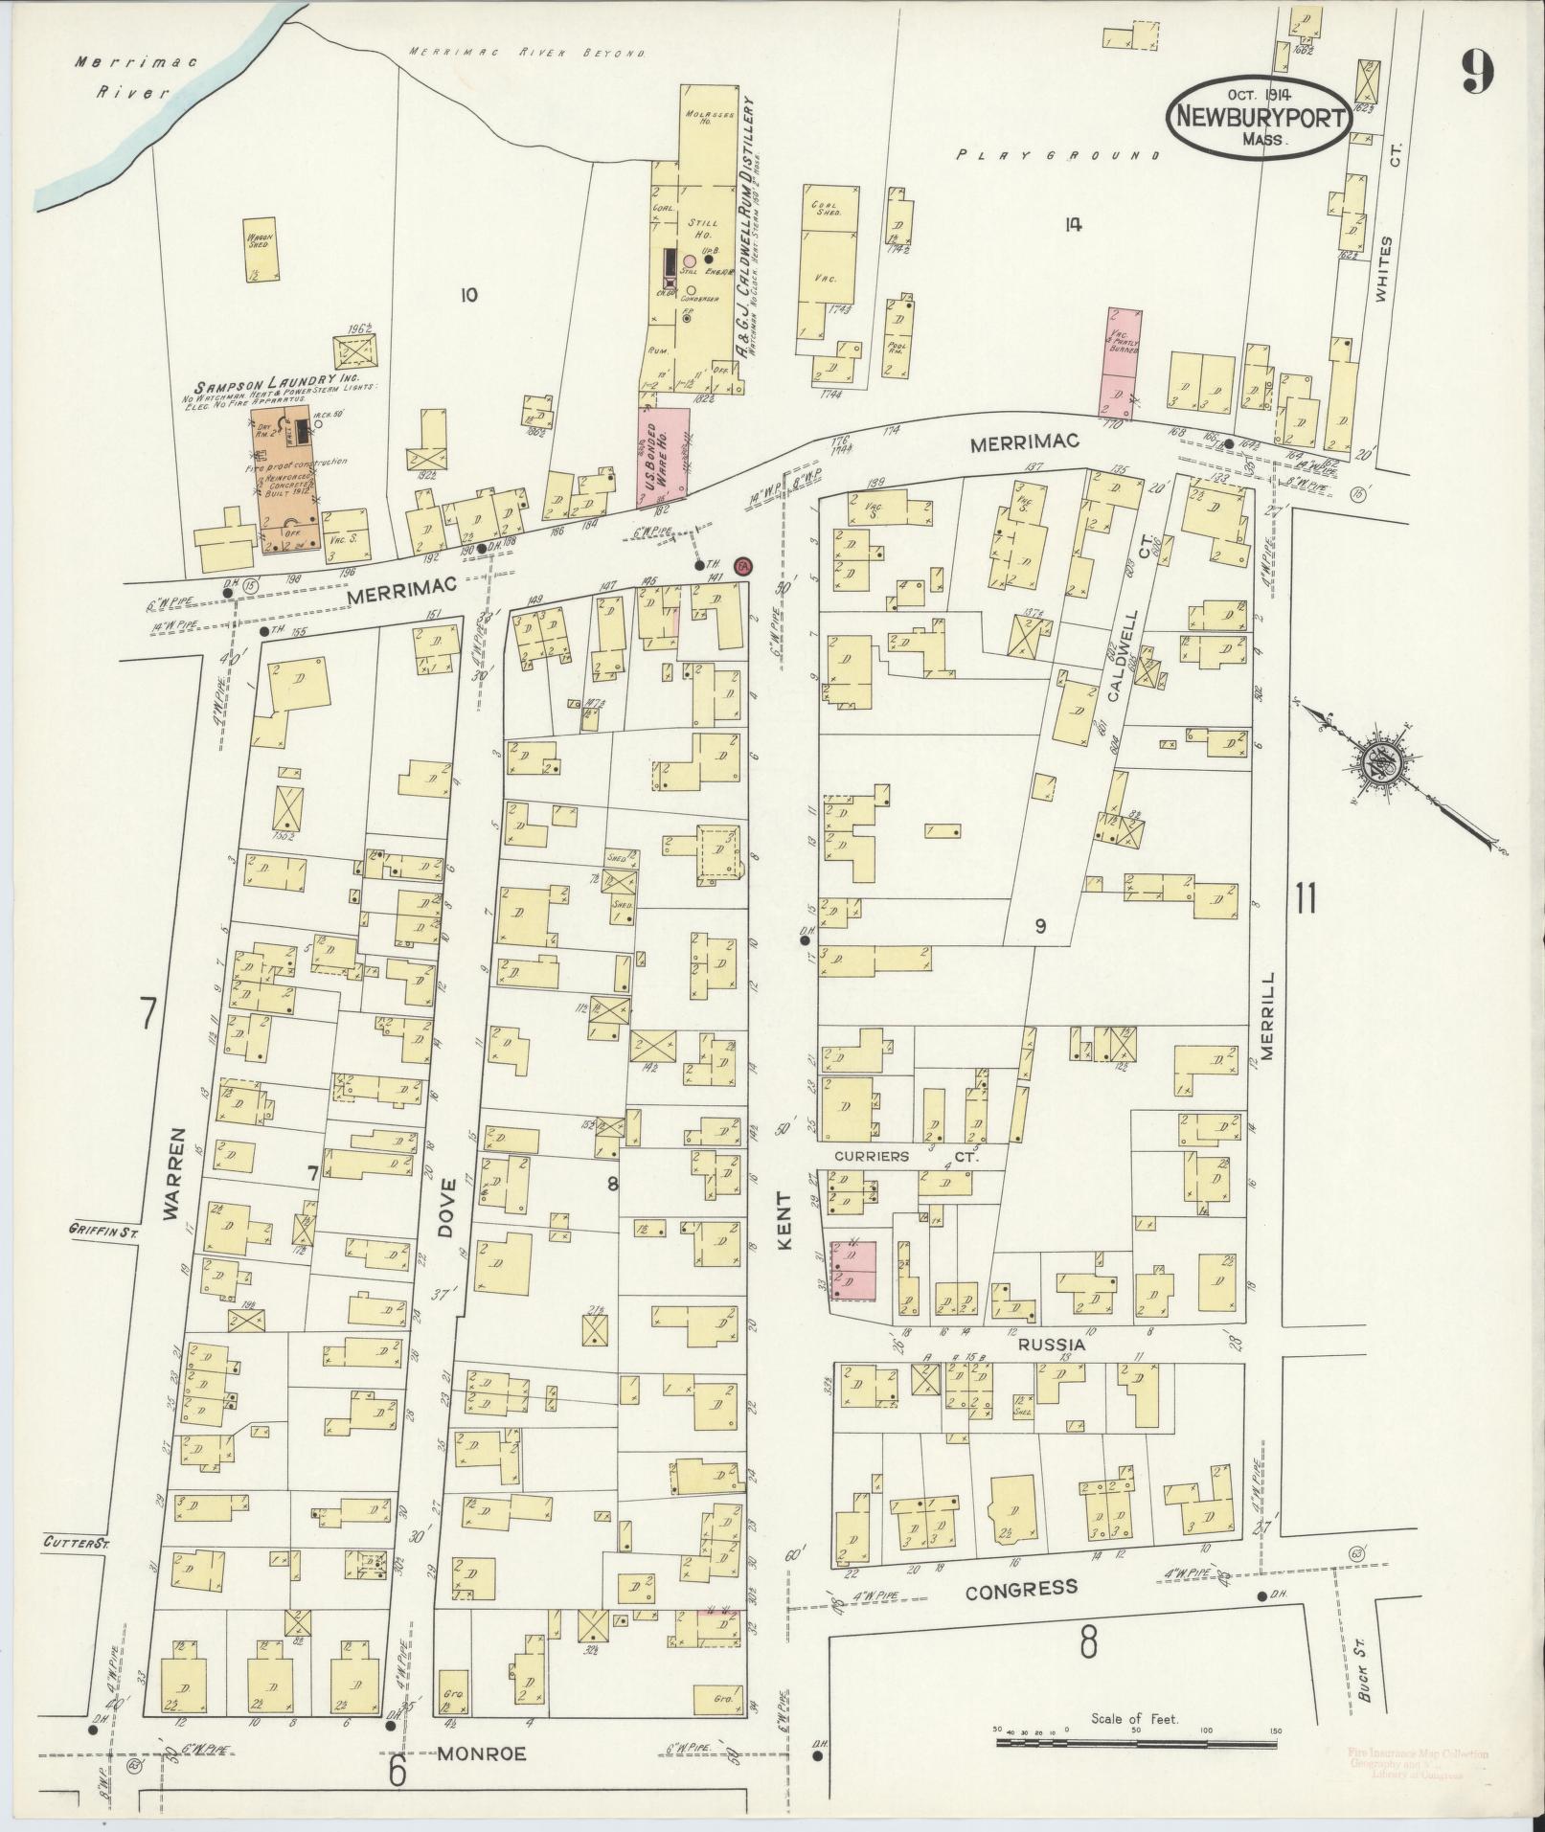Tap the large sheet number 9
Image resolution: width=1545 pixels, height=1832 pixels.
1478,72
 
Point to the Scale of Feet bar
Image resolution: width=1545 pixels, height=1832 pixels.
1135,1741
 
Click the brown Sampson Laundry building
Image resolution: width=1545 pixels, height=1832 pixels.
285,486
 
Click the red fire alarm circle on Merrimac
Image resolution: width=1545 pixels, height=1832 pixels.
742,566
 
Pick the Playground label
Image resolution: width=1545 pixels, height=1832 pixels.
1059,154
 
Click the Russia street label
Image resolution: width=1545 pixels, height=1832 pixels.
1052,1345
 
